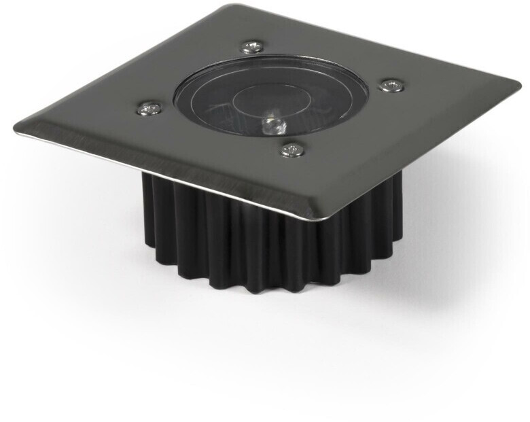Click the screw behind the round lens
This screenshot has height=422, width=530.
click(251, 47)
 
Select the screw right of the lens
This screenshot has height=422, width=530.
click(391, 85)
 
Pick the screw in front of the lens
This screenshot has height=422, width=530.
click(292, 149)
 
